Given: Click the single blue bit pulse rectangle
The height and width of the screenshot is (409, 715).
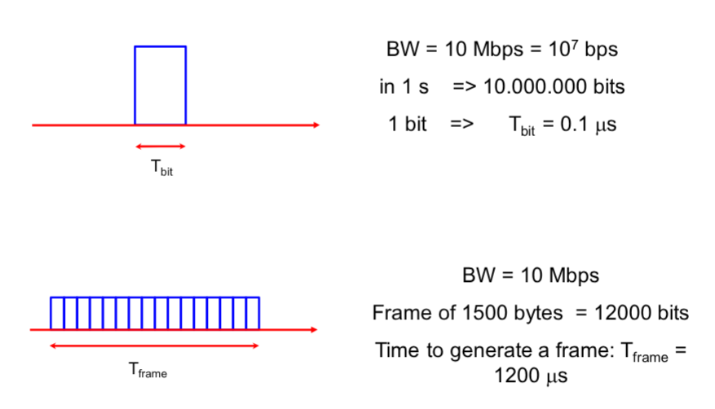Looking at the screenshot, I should coord(160,85).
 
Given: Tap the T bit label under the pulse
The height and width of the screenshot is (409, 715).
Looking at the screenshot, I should coord(161,170).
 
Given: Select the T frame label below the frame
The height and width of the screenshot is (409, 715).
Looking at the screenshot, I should coord(148,371).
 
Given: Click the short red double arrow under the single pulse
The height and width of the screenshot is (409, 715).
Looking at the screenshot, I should coord(161,147).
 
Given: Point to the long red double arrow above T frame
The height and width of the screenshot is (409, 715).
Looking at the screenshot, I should coord(155,346).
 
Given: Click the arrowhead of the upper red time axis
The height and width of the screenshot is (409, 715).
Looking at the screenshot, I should coord(315,125).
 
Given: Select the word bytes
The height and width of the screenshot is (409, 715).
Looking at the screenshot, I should coord(529,313).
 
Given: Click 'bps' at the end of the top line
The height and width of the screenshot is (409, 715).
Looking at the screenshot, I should coord(601,50).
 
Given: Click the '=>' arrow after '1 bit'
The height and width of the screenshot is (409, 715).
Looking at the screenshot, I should coord(461,125).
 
